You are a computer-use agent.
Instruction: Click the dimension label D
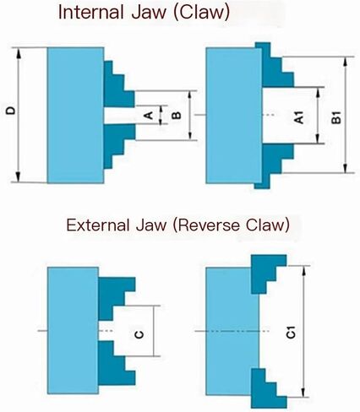coord(11,111)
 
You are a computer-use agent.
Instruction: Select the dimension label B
coord(177,115)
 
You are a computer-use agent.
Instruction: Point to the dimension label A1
coord(298,117)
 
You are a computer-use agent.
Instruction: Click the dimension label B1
coord(335,117)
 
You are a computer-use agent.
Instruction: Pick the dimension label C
coord(139,334)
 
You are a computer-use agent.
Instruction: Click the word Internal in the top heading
coord(91,13)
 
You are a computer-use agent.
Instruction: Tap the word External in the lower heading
coord(98,225)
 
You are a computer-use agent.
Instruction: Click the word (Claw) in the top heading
coord(202,13)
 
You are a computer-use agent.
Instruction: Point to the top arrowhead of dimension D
coord(19,53)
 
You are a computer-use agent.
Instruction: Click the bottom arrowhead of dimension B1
coord(345,167)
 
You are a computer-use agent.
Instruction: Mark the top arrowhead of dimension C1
coord(303,272)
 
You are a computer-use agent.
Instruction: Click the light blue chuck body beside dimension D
coord(75,116)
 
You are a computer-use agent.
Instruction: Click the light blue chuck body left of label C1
coord(232,331)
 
